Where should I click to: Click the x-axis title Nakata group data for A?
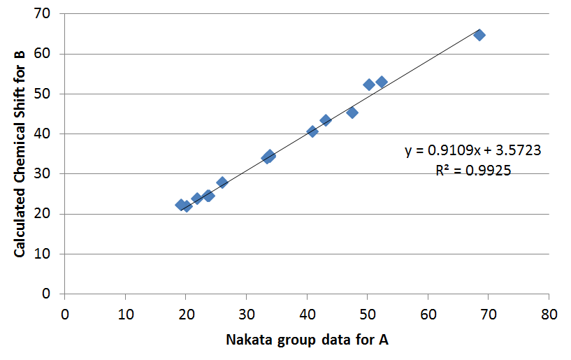point(307,340)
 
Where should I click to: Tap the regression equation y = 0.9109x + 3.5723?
point(473,150)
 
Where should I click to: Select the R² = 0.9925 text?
point(473,169)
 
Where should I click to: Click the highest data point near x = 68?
point(479,35)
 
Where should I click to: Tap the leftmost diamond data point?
point(181,205)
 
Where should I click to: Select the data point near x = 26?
point(222,182)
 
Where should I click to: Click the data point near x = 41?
point(312,131)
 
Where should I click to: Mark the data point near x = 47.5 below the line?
point(352,113)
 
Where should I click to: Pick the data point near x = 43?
point(326,120)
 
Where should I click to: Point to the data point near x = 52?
point(382,82)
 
